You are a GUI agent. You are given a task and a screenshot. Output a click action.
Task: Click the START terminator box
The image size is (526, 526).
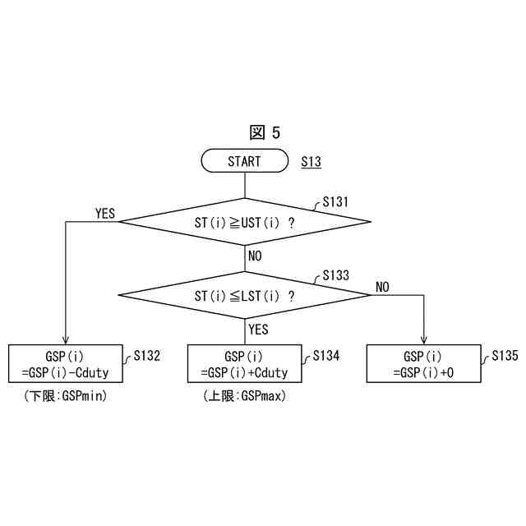pos(244,162)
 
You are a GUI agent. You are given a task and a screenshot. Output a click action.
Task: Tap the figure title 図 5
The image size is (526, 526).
pos(265,132)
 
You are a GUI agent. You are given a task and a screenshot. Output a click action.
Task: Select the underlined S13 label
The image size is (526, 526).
pos(311,162)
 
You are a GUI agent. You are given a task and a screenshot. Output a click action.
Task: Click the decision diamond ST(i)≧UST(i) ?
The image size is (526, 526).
pos(245,222)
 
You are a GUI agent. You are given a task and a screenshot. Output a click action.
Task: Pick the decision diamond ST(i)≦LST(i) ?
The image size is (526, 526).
pos(245,295)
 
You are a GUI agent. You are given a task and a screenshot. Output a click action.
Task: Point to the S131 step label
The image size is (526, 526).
pos(335,201)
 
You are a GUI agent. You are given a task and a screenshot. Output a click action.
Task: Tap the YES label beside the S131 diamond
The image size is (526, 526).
pos(105,214)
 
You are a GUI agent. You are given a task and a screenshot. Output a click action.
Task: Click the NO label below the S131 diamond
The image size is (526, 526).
pos(255,256)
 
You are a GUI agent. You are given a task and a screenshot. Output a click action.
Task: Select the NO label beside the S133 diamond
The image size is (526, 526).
pos(383,287)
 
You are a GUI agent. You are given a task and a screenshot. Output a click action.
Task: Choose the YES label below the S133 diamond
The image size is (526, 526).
pos(258,329)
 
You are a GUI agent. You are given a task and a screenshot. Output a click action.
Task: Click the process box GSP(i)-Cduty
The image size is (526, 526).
pos(65,364)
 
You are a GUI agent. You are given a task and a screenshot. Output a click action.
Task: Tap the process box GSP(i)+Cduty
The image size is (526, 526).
pos(244,364)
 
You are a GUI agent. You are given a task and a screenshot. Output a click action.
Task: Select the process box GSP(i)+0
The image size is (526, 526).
pos(423,364)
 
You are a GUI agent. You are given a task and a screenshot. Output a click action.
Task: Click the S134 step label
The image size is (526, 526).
pos(325,356)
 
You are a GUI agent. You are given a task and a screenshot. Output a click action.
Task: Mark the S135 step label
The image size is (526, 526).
pos(505,356)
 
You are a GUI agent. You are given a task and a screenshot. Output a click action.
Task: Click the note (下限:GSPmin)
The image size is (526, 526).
pos(66,396)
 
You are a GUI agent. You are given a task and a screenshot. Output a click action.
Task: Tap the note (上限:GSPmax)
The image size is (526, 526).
pos(244,396)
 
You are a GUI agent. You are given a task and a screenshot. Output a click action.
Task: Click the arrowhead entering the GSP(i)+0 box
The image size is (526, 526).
pos(423,340)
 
